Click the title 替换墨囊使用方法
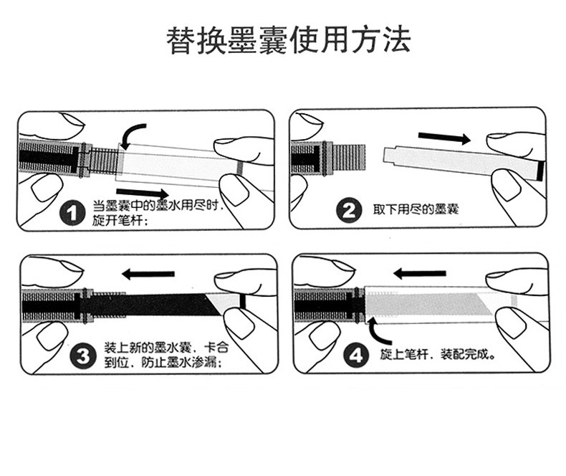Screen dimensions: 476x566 [283, 41]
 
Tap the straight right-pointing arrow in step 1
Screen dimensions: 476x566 [151, 193]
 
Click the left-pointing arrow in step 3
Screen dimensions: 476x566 [148, 273]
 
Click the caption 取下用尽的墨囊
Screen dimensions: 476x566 [416, 210]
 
